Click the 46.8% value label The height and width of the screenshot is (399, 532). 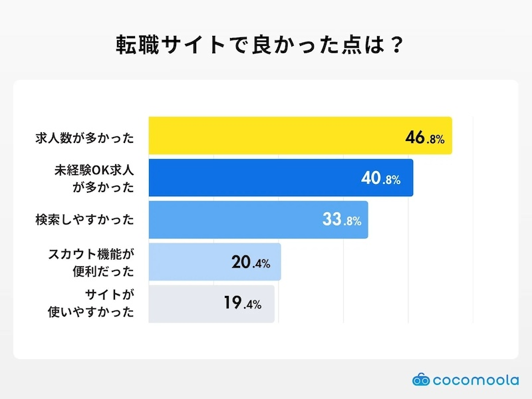(x=424, y=138)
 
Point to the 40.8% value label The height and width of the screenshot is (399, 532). (x=380, y=179)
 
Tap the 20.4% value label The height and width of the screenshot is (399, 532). (x=250, y=263)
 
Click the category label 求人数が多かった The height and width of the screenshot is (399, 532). (x=84, y=138)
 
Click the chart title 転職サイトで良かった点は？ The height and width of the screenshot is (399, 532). (x=265, y=47)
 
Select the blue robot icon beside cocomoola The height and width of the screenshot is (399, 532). (x=421, y=380)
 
